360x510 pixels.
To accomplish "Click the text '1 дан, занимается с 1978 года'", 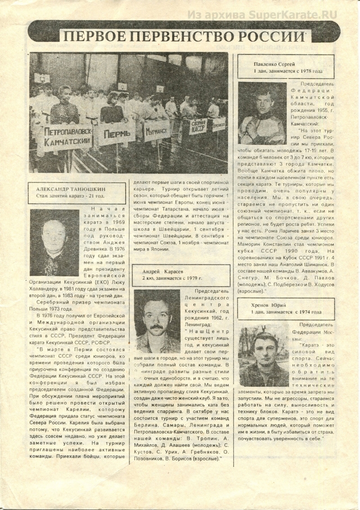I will pyautogui.click(x=287, y=72).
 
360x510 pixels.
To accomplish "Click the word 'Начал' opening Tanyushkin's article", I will pyautogui.click(x=112, y=210).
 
